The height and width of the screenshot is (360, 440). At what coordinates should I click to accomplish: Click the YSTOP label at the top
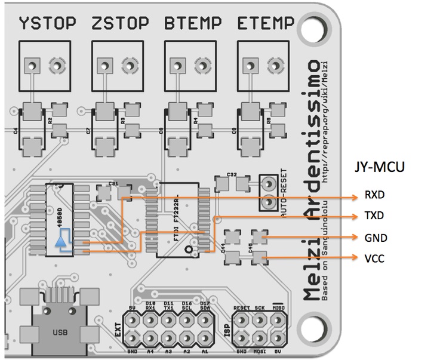(x=47, y=24)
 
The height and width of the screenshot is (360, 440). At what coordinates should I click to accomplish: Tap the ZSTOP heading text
(x=120, y=24)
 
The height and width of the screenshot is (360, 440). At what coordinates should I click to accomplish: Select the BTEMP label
(x=193, y=24)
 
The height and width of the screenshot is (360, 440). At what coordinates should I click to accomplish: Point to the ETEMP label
(x=266, y=24)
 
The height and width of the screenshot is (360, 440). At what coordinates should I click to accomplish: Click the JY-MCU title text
(x=380, y=167)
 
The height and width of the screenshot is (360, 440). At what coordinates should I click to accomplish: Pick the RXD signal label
(x=374, y=195)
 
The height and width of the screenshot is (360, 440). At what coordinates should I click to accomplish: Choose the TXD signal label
(x=374, y=216)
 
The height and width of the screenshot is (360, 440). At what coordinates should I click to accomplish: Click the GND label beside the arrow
(x=376, y=238)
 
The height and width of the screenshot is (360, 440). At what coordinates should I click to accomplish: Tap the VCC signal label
(x=374, y=259)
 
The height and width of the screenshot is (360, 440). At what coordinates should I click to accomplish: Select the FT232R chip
(x=177, y=220)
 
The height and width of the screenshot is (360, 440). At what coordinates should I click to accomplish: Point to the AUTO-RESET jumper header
(x=270, y=192)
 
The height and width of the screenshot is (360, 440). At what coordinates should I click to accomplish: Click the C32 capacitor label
(x=233, y=175)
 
